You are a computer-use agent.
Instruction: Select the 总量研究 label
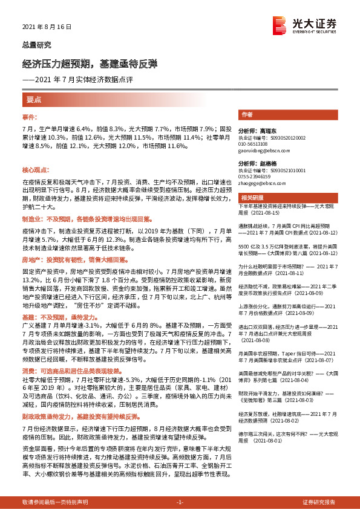(37, 45)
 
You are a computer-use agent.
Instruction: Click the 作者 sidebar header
(247, 114)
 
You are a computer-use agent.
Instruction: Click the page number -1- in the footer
(180, 502)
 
